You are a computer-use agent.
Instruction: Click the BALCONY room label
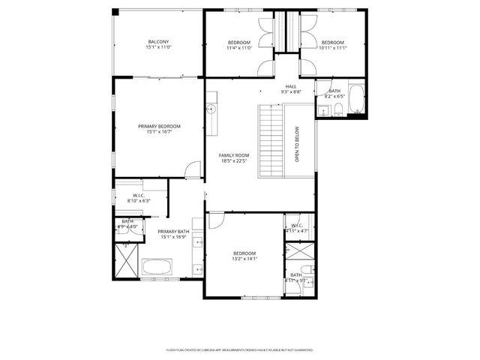click(158, 41)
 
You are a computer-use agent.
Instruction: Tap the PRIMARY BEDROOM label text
click(159, 126)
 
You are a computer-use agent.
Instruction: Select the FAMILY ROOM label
click(234, 155)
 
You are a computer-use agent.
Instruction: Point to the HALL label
click(290, 86)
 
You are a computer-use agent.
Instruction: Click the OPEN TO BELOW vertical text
click(297, 144)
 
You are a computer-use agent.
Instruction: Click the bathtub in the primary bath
click(157, 265)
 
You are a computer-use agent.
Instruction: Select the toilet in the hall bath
click(338, 111)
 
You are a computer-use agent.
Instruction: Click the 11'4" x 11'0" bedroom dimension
click(239, 48)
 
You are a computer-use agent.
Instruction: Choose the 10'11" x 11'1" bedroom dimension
click(332, 48)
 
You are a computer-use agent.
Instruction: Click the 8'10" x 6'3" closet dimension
click(139, 200)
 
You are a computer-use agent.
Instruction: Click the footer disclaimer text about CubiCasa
click(239, 349)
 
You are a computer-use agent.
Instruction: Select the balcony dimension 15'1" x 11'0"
click(158, 47)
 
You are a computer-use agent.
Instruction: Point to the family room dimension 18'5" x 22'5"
click(234, 161)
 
